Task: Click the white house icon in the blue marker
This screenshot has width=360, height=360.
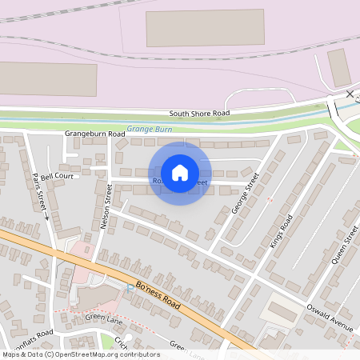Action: pyautogui.click(x=180, y=172)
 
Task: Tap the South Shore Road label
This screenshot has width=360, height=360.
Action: pyautogui.click(x=199, y=114)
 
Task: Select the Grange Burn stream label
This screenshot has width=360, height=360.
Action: pyautogui.click(x=150, y=129)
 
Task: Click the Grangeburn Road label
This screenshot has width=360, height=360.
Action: pyautogui.click(x=95, y=132)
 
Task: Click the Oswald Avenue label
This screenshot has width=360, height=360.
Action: pyautogui.click(x=330, y=317)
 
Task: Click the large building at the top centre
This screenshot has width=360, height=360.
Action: pyautogui.click(x=205, y=28)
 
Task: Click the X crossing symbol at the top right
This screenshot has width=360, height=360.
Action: pyautogui.click(x=350, y=94)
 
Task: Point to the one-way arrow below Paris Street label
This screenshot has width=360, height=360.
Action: pyautogui.click(x=46, y=216)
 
